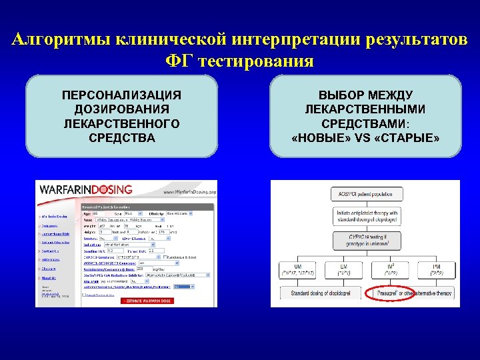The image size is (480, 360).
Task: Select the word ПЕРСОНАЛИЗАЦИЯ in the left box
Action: click(121, 95)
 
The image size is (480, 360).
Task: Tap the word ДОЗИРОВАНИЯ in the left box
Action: click(121, 109)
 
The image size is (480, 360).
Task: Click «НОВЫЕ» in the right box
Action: click(319, 138)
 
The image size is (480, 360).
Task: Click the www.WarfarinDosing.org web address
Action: click(190, 192)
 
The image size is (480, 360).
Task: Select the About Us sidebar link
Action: click(48, 278)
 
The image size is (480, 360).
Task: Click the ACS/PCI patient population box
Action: click(365, 194)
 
